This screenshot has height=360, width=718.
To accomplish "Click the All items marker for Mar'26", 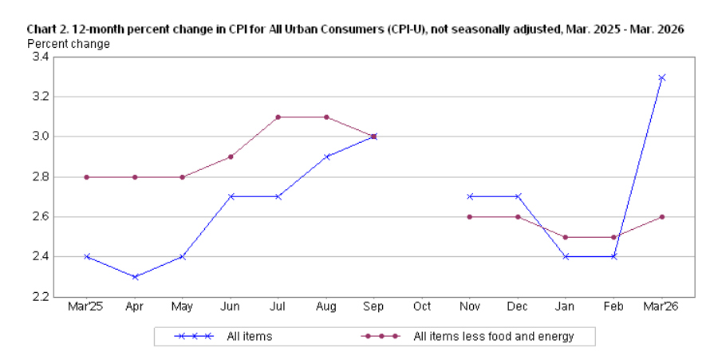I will click(661, 77).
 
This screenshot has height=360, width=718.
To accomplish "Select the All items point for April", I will click(135, 277).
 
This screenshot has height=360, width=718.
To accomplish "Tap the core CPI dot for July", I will click(278, 117).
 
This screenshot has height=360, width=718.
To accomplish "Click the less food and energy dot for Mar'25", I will click(87, 177).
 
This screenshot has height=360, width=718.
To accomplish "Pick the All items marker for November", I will click(470, 196).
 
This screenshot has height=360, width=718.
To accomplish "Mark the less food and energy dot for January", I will click(566, 237).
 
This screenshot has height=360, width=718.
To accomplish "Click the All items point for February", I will click(613, 256).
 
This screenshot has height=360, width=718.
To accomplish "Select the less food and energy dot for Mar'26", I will click(661, 216).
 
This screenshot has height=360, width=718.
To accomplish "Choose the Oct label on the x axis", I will click(422, 307).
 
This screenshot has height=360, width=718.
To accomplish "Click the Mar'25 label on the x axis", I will click(87, 307).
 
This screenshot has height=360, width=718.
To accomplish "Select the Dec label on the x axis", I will click(518, 307).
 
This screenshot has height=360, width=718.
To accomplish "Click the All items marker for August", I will click(326, 156).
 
